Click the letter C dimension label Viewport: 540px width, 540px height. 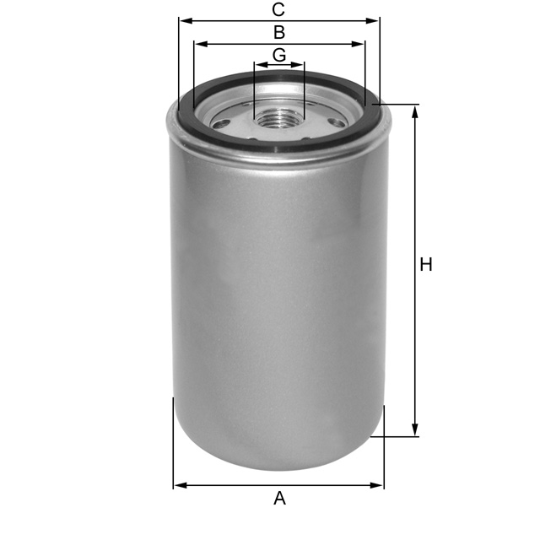(x=278, y=10)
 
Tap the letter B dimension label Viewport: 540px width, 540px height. (x=278, y=33)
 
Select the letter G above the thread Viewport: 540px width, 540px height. (x=279, y=55)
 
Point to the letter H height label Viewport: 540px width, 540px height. (x=426, y=265)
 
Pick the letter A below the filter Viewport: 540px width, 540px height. (x=279, y=499)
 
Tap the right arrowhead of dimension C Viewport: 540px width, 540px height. (x=375, y=20)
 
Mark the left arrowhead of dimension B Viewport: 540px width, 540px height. (x=198, y=44)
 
